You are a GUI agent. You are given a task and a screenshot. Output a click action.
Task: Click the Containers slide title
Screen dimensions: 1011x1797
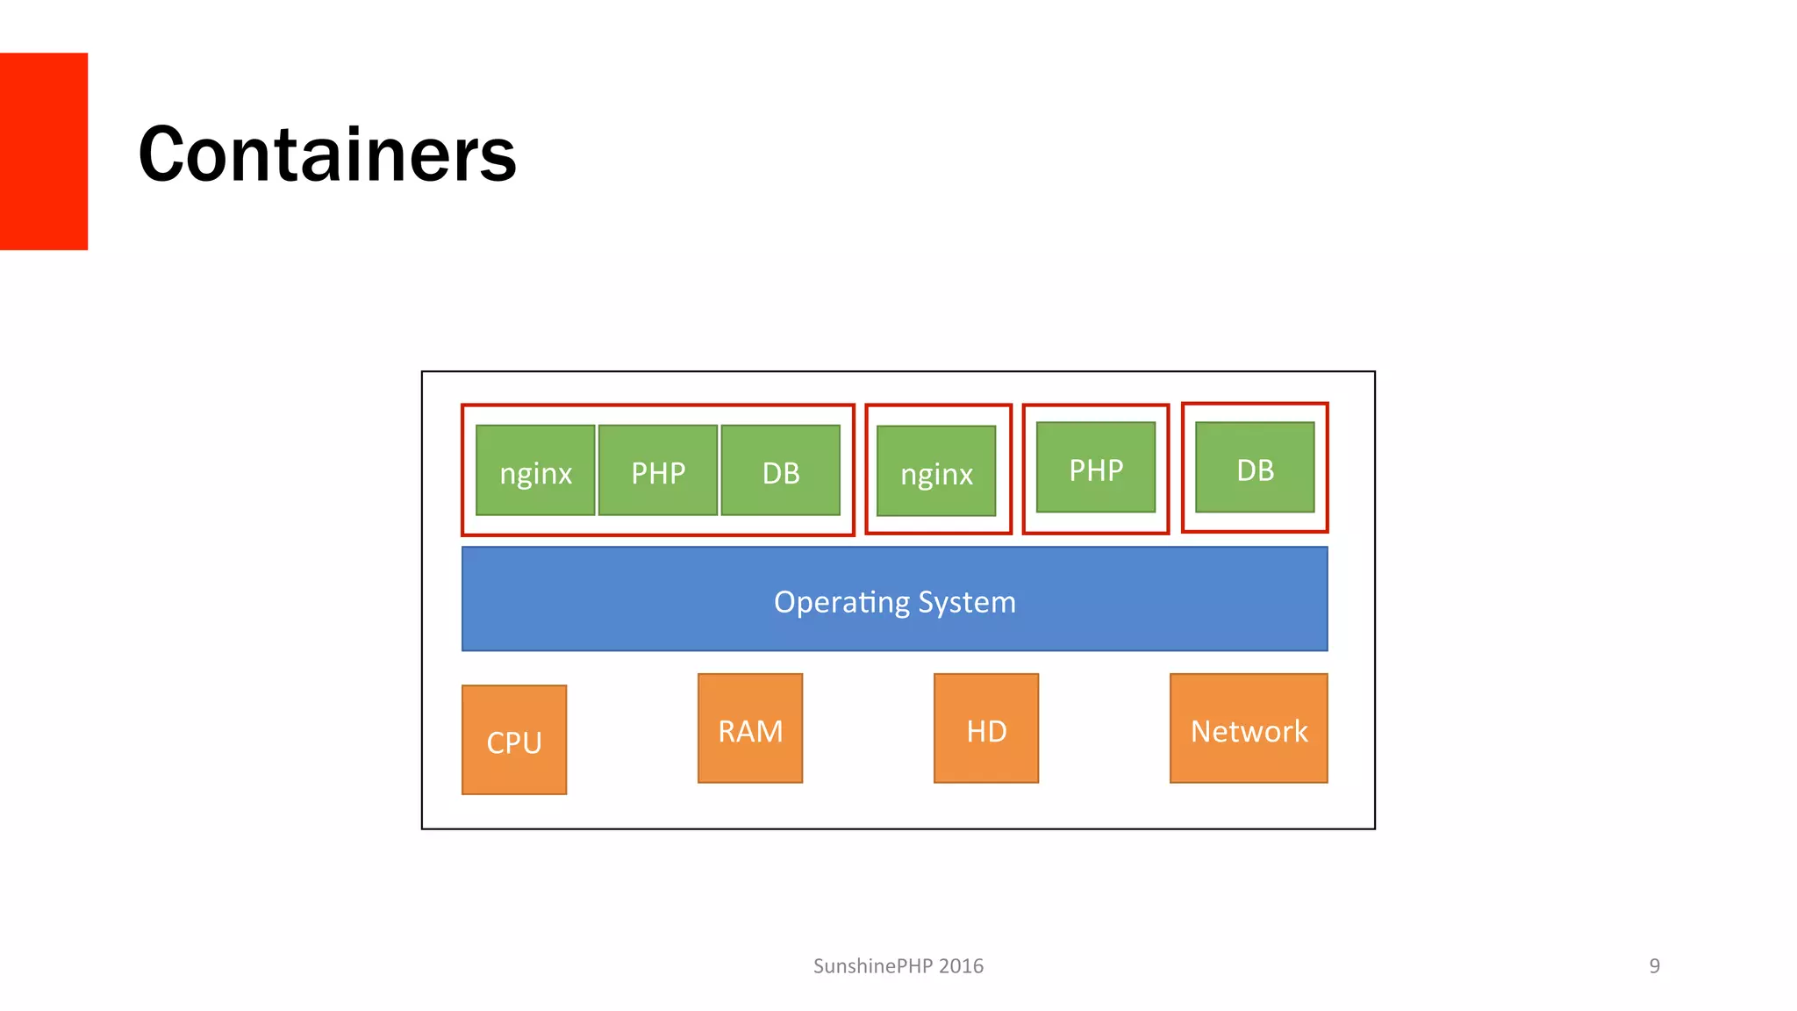pos(326,154)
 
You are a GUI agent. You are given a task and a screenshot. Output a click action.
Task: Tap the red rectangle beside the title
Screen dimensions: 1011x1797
pos(43,151)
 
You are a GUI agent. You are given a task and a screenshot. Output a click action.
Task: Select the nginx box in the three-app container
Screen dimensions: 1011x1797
pos(535,470)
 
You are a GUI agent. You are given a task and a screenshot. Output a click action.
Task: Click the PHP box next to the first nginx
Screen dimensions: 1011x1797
pos(658,470)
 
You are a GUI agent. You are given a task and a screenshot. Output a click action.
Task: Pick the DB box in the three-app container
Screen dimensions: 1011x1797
pos(781,470)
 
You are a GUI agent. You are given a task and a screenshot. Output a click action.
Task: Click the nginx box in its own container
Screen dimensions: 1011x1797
pos(936,471)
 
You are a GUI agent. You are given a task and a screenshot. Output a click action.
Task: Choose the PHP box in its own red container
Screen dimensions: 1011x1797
pos(1096,468)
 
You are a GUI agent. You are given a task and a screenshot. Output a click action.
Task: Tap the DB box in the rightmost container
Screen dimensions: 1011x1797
pos(1255,468)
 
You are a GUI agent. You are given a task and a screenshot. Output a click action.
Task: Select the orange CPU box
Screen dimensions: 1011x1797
pos(514,740)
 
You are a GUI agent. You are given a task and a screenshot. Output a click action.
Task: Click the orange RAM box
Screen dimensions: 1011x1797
pos(750,728)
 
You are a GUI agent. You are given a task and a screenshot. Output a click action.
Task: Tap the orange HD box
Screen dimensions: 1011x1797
pos(986,728)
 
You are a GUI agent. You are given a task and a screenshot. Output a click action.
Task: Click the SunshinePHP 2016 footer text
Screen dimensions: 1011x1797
pos(898,966)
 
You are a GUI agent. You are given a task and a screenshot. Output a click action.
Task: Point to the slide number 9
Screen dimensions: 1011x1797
pos(1654,966)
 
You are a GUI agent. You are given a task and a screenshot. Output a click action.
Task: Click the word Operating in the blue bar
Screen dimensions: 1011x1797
pos(841,602)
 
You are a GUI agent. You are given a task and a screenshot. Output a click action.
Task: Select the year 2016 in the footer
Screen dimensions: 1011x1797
pos(961,966)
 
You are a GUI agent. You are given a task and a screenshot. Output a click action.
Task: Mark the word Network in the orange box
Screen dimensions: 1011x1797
pos(1249,731)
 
